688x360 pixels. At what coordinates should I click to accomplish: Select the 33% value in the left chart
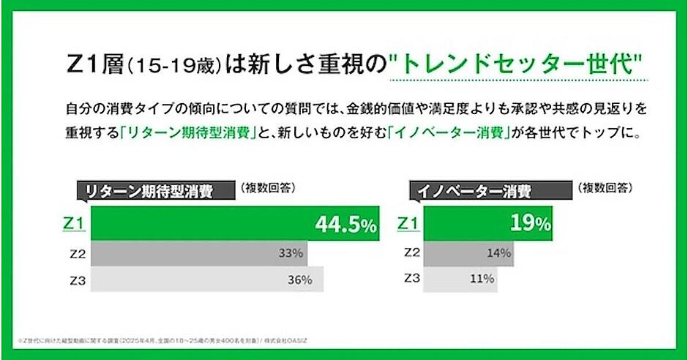tap(291, 253)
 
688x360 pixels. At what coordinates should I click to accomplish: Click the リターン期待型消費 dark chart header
tap(150, 192)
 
